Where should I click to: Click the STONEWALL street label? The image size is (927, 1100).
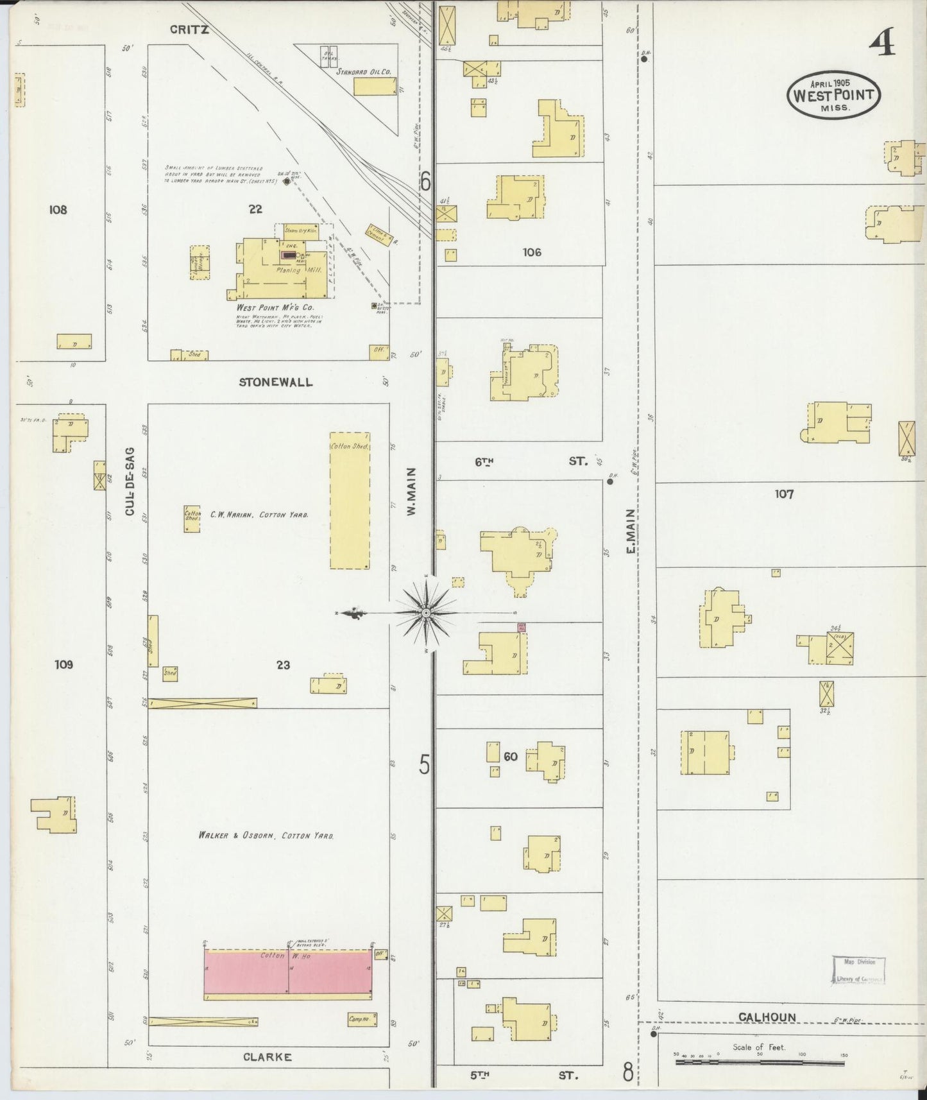[276, 382]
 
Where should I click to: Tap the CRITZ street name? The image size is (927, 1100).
[189, 30]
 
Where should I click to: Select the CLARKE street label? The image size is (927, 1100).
[268, 1057]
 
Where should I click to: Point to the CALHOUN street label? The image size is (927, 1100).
[767, 1017]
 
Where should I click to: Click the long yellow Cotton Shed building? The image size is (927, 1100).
[350, 501]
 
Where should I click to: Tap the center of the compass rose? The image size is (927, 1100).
[426, 614]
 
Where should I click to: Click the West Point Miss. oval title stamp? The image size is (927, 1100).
[833, 95]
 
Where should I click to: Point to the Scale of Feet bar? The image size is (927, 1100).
[759, 1063]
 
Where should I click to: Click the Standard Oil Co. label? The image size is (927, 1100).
[364, 73]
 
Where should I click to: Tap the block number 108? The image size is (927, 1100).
[58, 209]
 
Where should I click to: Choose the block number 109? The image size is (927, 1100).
[64, 664]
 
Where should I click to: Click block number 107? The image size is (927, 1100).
[784, 494]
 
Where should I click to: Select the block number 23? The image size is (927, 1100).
[283, 665]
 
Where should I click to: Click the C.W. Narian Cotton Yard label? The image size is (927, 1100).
[259, 514]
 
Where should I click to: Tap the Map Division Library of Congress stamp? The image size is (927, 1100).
[859, 970]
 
